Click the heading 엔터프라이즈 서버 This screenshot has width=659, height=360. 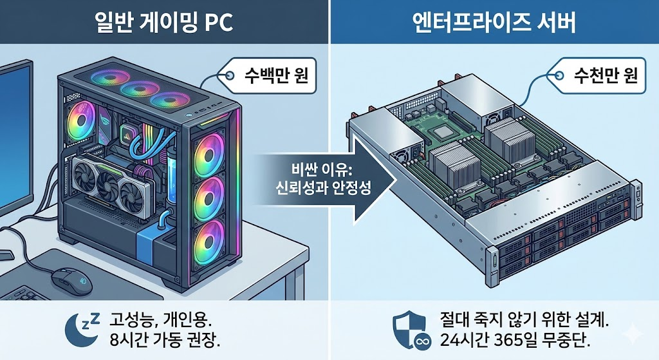click(494, 23)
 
